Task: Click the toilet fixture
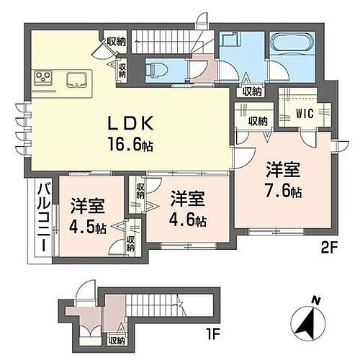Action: [153, 69]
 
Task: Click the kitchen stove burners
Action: [40, 76]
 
